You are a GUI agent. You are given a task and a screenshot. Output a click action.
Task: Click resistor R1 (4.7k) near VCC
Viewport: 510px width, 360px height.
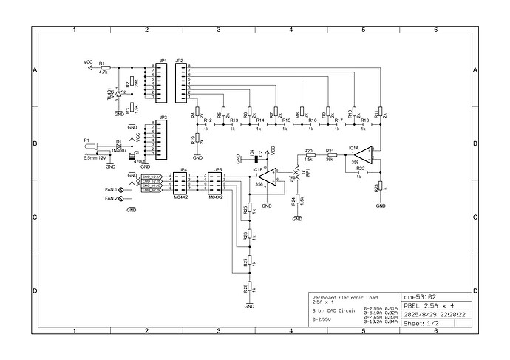pos(104,67)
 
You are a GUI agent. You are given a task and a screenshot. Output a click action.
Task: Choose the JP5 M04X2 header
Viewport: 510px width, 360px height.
pos(217,183)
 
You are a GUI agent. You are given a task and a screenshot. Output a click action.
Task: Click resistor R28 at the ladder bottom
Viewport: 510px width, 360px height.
pos(250,288)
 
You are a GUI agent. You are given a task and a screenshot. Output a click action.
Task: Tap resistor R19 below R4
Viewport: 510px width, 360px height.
pos(197,140)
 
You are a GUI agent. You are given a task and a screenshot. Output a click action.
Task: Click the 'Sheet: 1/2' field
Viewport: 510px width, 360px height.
pos(422,324)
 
